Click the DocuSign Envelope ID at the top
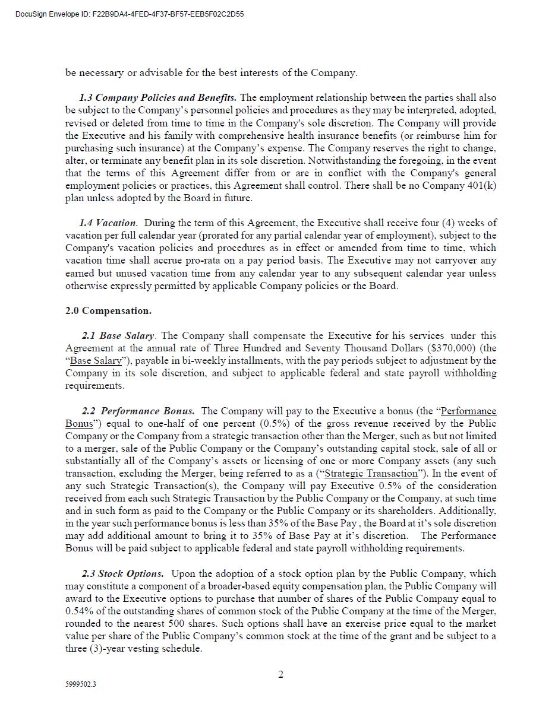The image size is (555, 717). pos(130,14)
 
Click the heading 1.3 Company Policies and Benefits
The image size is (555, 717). pos(157,97)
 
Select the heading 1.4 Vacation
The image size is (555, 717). pos(108,223)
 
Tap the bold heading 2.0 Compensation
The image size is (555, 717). pos(108,310)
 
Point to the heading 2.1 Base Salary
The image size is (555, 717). pos(118,335)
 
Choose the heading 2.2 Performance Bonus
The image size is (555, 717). pos(138,411)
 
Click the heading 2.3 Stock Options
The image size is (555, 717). pos(122,573)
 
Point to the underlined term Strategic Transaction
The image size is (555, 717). pos(371,473)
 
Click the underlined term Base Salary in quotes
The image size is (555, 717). pos(96,360)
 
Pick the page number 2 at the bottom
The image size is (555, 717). pos(281,674)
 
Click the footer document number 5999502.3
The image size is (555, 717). pos(81,684)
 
